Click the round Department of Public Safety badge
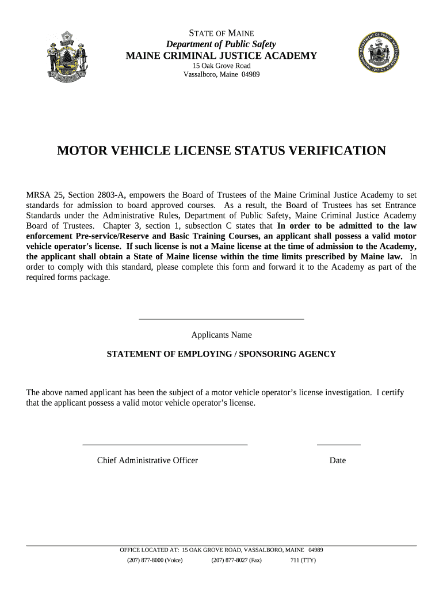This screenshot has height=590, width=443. [x=377, y=56]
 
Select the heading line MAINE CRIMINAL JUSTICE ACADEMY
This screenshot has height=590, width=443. [x=221, y=56]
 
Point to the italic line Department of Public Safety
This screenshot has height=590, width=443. [x=221, y=44]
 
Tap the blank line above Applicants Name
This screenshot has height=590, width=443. [x=221, y=319]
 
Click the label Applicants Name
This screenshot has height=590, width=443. [x=221, y=335]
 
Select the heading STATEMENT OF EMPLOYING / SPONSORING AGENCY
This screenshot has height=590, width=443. [x=221, y=354]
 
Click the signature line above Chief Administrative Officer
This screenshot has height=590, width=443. [x=165, y=445]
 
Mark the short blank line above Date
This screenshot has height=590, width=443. [x=338, y=445]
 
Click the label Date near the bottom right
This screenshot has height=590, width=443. [x=338, y=460]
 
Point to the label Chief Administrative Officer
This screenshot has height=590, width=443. [x=147, y=460]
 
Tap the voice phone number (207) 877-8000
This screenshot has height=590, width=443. [x=155, y=560]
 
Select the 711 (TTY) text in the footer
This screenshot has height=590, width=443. [x=303, y=560]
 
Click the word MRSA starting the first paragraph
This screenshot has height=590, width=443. [x=39, y=194]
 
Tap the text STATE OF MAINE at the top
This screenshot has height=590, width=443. [x=221, y=33]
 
